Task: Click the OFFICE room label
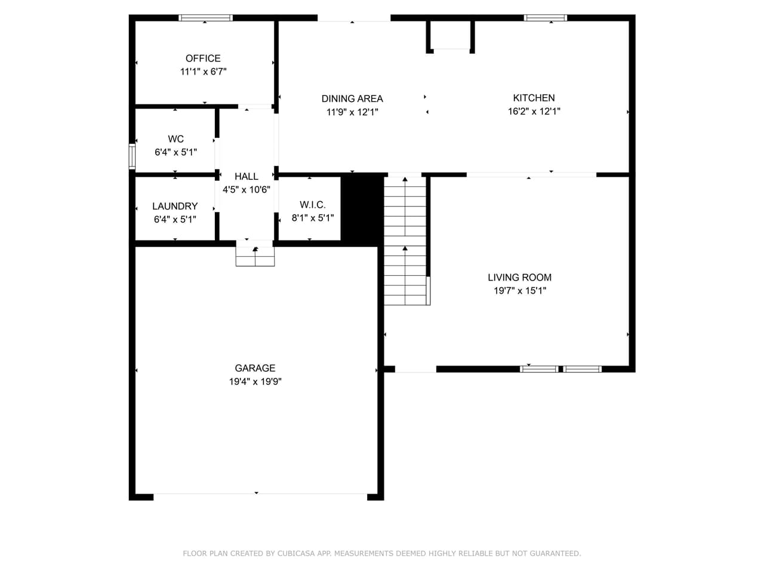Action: pyautogui.click(x=203, y=58)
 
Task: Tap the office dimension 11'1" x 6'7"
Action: pyautogui.click(x=203, y=72)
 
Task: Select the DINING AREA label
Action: pyautogui.click(x=352, y=99)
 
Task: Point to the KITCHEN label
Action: pyautogui.click(x=534, y=98)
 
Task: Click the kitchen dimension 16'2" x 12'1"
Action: pyautogui.click(x=534, y=111)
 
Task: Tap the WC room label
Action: pyautogui.click(x=175, y=139)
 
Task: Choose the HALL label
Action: pyautogui.click(x=246, y=177)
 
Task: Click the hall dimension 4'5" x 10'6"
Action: pyautogui.click(x=246, y=190)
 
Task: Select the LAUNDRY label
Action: pyautogui.click(x=175, y=207)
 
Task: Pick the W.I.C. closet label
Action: pyautogui.click(x=312, y=205)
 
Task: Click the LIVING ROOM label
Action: pyautogui.click(x=519, y=278)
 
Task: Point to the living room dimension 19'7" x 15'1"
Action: pyautogui.click(x=519, y=291)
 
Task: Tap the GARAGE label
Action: pyautogui.click(x=255, y=368)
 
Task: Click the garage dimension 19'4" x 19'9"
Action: pyautogui.click(x=255, y=381)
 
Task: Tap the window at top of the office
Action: pyautogui.click(x=206, y=18)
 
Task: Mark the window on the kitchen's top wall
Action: pyautogui.click(x=546, y=18)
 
